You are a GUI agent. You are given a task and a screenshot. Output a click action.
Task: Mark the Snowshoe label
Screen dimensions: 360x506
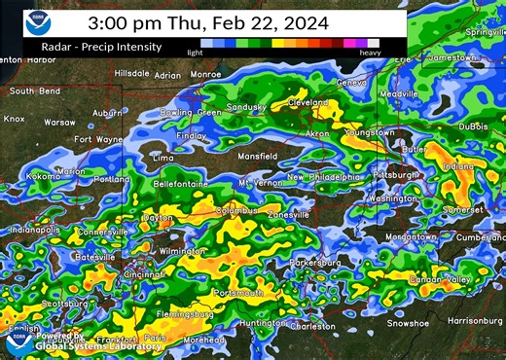[x=408, y=322]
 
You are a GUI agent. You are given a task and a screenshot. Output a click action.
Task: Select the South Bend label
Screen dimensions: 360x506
[x=35, y=91]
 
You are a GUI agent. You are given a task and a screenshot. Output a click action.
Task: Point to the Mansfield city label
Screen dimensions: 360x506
[x=256, y=155]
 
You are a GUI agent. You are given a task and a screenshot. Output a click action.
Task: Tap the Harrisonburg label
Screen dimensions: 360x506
[x=474, y=321]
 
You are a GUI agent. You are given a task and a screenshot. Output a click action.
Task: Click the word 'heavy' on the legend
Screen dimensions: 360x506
[x=370, y=53]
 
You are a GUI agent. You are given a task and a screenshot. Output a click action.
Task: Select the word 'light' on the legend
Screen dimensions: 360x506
[x=196, y=53]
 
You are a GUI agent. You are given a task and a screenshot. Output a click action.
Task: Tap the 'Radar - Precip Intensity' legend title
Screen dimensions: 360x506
[x=93, y=46]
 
